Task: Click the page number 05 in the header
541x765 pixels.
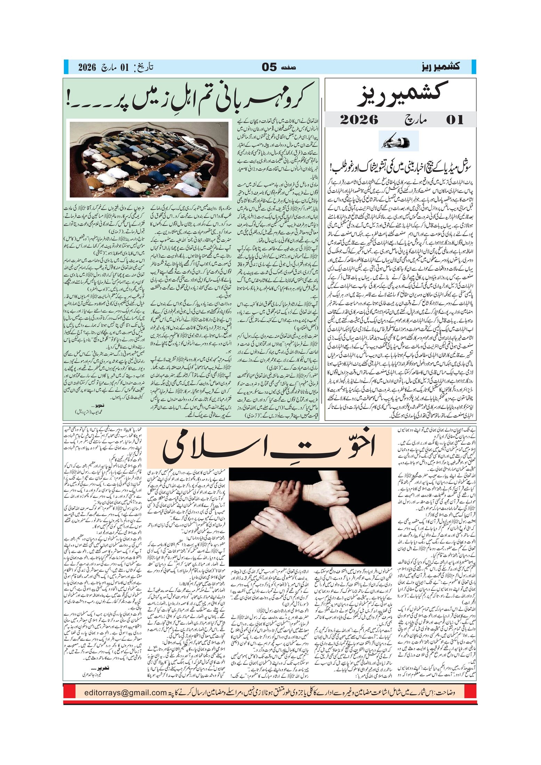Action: (x=269, y=67)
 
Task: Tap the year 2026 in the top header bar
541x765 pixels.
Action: (x=87, y=67)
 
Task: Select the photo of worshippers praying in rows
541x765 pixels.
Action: (x=149, y=160)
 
